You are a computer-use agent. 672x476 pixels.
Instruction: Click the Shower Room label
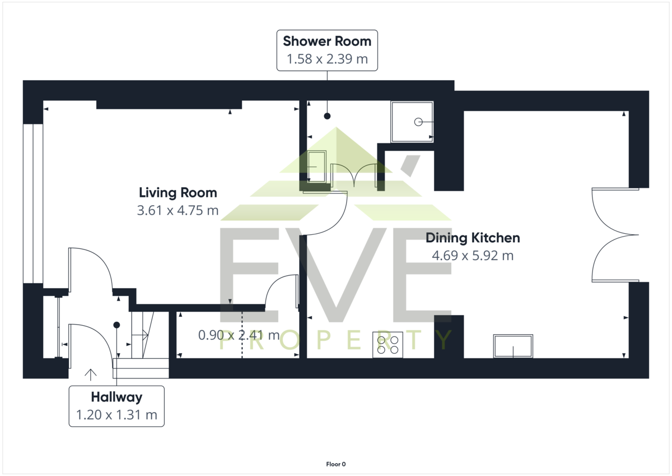327,41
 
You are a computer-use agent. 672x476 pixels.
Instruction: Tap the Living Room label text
178,193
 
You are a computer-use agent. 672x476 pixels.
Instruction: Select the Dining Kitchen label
473,238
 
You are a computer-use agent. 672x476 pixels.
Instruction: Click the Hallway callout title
116,397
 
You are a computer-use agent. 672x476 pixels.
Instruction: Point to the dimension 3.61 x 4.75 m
178,210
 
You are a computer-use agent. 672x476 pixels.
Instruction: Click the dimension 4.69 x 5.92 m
473,256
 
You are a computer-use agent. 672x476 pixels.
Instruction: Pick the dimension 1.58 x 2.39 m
327,59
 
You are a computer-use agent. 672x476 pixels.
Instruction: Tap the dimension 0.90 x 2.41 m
239,335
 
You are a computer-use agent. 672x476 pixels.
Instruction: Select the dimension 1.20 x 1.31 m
116,415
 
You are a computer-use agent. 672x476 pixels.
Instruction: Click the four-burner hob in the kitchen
388,345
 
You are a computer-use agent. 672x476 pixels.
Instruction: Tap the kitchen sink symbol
513,346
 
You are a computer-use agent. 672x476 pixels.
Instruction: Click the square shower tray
412,122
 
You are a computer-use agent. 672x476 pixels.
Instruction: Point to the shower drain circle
418,122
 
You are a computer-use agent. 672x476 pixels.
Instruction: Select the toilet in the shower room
316,167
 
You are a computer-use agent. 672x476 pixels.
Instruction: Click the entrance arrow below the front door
91,375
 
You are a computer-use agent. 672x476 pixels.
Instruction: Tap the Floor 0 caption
336,464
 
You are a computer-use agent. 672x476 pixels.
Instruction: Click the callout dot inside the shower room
327,116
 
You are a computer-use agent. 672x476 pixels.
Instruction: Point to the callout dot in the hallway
116,325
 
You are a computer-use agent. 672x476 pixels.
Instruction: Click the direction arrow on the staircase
140,335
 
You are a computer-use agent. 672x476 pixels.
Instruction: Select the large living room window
33,204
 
